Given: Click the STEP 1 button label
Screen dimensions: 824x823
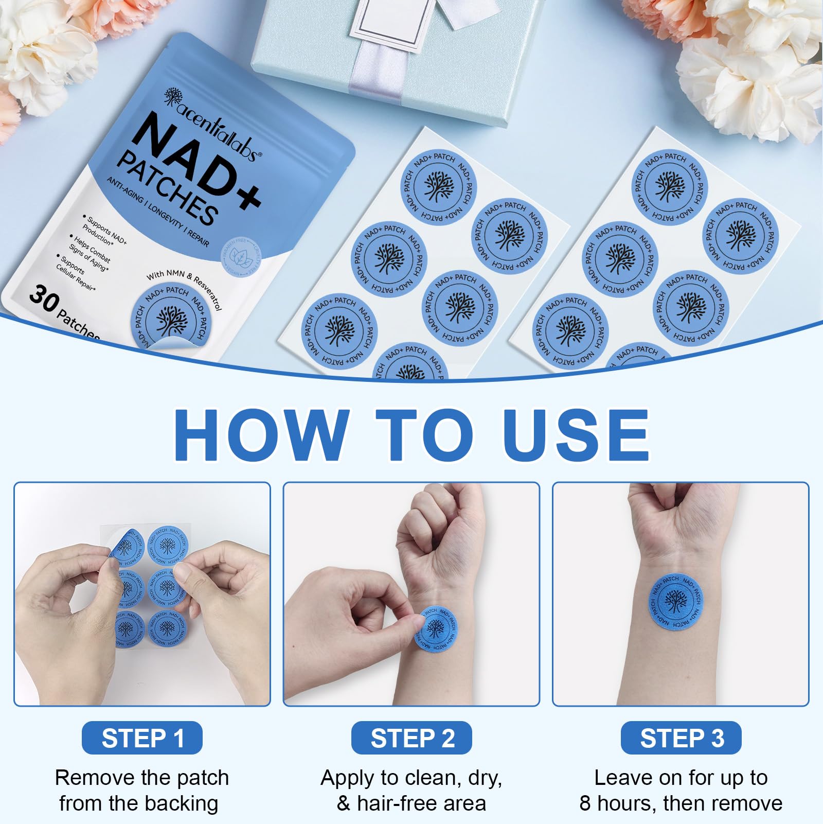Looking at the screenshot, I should (142, 738).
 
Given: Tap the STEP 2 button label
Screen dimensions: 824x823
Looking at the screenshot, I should (411, 738).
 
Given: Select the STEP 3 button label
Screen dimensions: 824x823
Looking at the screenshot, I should (681, 738).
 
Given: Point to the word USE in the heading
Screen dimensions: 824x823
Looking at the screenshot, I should (576, 435).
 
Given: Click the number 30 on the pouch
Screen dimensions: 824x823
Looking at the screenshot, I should (43, 299).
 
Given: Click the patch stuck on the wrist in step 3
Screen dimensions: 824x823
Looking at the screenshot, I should (676, 601).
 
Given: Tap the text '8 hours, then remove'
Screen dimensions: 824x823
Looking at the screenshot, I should (681, 803).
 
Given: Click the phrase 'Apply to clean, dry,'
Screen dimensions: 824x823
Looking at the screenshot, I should (411, 778).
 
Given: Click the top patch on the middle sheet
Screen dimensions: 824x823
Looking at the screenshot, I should (438, 186).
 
